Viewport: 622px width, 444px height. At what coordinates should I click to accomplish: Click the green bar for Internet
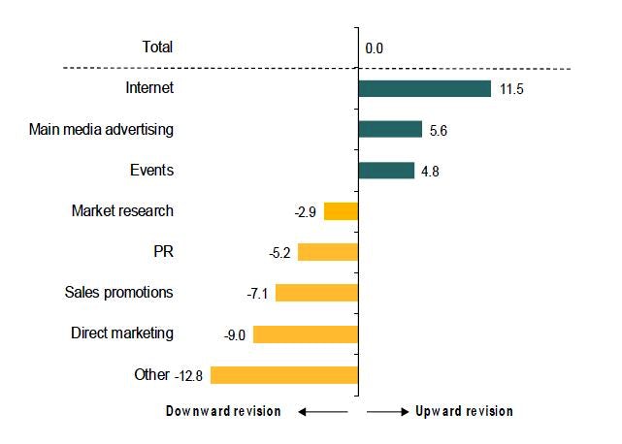(424, 88)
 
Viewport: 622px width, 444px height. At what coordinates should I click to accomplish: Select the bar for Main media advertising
(390, 130)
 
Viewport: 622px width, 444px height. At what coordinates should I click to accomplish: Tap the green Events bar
(386, 171)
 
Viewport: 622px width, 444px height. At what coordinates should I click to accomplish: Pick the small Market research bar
(341, 211)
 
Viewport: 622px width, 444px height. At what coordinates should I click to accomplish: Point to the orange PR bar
(328, 252)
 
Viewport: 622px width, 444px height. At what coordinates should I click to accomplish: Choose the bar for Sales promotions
(316, 293)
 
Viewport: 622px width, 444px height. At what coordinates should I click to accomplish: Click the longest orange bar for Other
(284, 375)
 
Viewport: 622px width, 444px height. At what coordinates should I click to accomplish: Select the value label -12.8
(191, 375)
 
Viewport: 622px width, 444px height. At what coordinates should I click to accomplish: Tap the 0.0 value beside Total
(375, 48)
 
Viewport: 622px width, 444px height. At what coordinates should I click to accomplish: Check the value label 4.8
(431, 172)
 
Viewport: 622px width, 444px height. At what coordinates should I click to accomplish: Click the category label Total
(157, 47)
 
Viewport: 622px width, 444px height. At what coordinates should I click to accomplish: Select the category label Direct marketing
(122, 333)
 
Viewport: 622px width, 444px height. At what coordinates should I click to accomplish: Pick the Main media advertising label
(102, 129)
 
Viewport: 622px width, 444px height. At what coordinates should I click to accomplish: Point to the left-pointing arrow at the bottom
(321, 412)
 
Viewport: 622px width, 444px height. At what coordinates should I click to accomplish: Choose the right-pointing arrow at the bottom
(388, 412)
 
